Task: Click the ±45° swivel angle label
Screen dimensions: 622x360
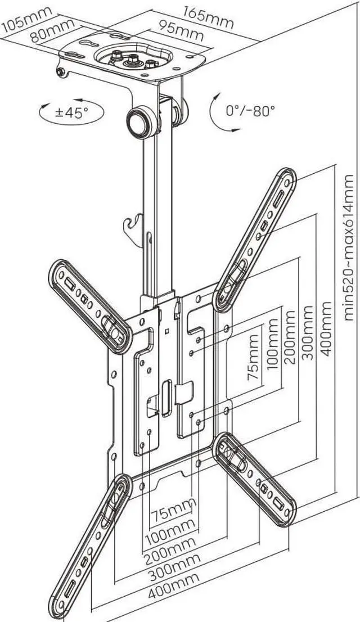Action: (71, 111)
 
